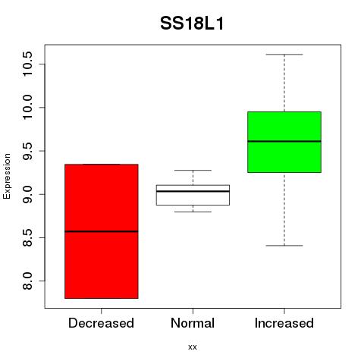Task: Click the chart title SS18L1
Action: point(192,24)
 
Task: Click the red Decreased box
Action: point(102,231)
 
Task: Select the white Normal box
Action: point(193,195)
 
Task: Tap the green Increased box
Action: point(284,142)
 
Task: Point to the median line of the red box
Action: point(102,231)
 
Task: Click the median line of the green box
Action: point(284,141)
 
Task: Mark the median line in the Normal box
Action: point(193,191)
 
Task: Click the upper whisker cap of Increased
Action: point(284,55)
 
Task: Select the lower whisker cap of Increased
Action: point(284,246)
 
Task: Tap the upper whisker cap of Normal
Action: point(193,171)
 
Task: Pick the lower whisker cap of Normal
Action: point(193,212)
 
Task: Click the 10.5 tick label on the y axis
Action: point(27,64)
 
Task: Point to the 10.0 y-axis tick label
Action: point(27,107)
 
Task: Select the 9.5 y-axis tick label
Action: point(27,151)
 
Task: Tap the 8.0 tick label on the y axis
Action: point(27,281)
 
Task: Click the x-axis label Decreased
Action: point(101,323)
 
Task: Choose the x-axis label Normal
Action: point(193,323)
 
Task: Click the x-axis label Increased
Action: point(284,323)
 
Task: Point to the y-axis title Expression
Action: point(7,176)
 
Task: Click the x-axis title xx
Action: point(193,347)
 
